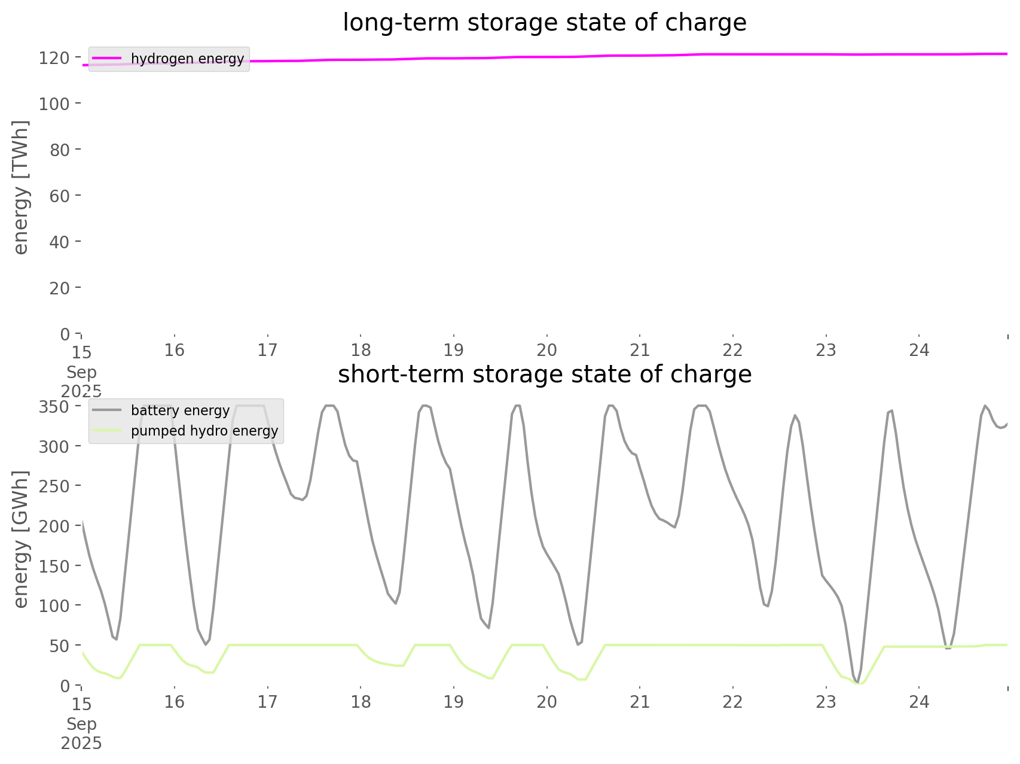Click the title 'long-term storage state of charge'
544,23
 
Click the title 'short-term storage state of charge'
544,375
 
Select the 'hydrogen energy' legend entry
187,59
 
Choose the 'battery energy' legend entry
180,410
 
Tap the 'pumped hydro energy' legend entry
204,431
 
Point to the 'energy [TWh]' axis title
21,187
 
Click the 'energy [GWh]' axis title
21,539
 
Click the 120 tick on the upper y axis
54,57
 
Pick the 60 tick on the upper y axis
59,196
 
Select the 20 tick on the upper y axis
59,288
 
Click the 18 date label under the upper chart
361,350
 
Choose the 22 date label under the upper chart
732,350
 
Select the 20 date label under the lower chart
546,702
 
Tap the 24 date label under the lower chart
919,702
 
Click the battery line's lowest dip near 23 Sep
857,682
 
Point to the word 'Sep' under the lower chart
81,724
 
